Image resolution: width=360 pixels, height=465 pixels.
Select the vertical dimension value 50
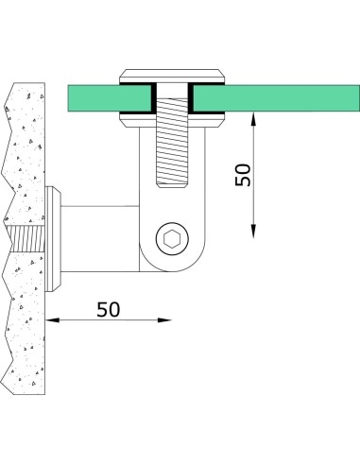pyautogui.click(x=244, y=176)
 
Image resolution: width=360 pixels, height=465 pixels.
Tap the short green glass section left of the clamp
pyautogui.click(x=94, y=97)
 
